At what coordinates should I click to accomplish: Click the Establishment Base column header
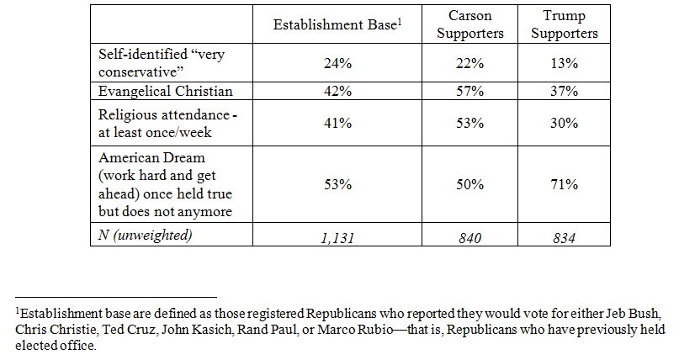(x=335, y=24)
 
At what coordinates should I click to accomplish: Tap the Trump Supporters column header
(x=563, y=25)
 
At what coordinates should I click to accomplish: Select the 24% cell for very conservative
(x=337, y=62)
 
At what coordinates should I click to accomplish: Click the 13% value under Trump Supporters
(x=563, y=62)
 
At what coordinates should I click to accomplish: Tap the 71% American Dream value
(x=563, y=184)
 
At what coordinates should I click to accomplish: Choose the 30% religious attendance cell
(x=563, y=123)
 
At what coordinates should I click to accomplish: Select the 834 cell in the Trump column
(x=563, y=236)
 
